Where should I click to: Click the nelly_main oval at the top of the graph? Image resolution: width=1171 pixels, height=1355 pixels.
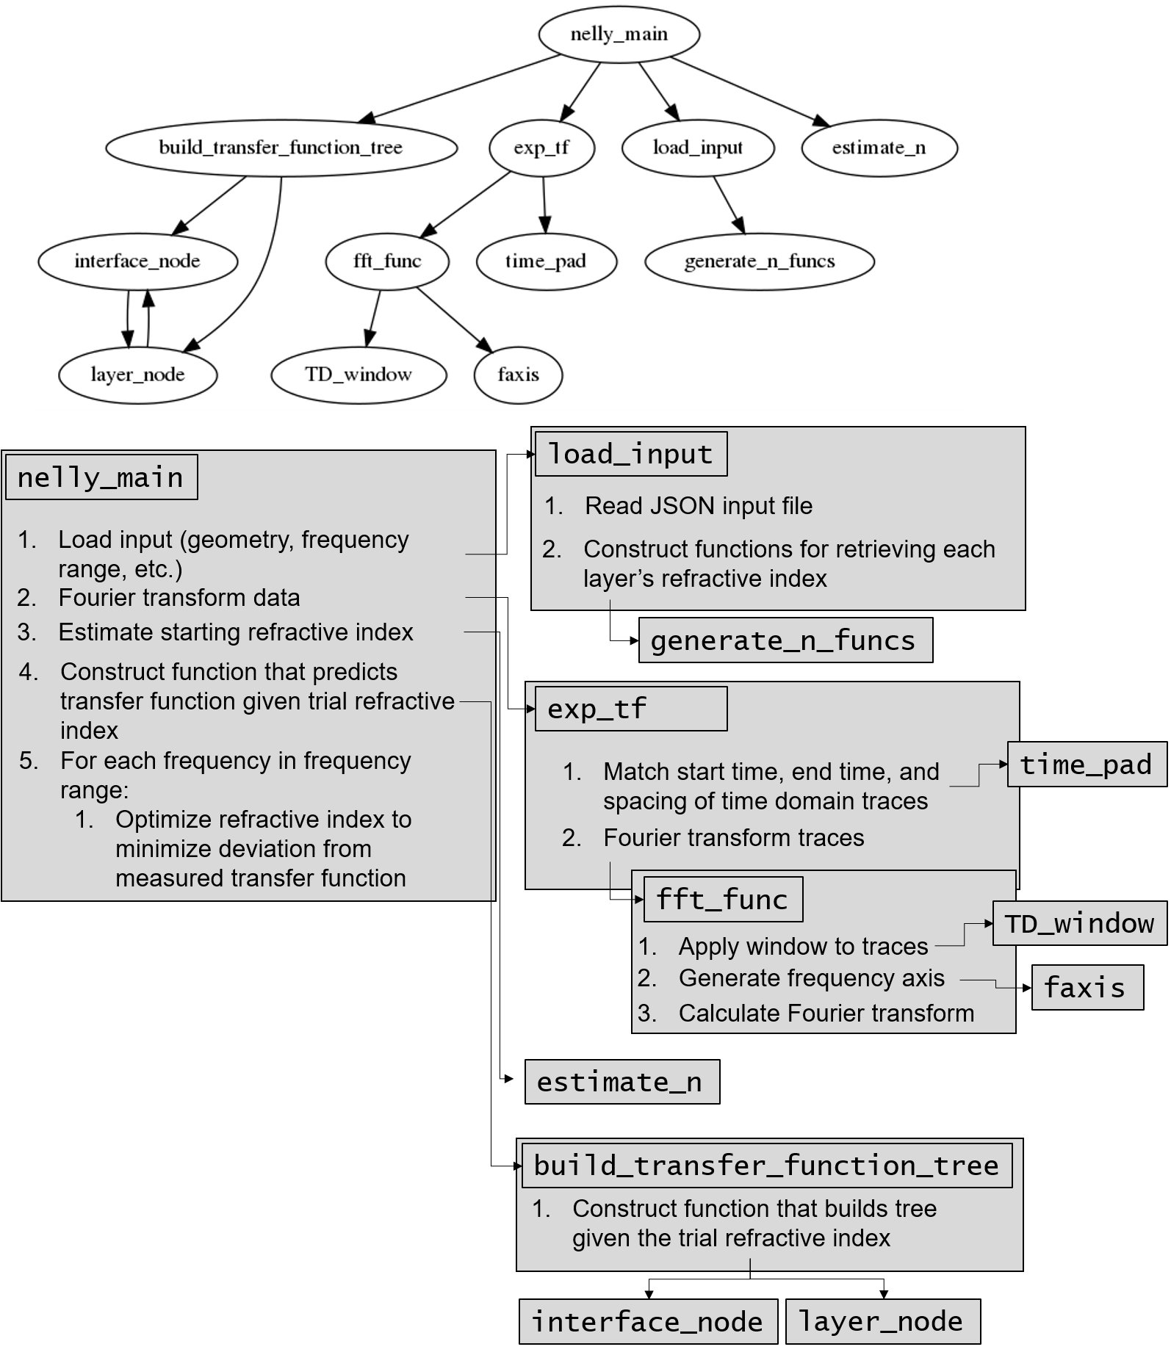click(x=619, y=34)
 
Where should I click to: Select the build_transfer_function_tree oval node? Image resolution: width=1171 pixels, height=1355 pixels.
click(x=281, y=148)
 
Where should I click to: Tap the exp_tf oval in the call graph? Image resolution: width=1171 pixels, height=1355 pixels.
click(x=541, y=148)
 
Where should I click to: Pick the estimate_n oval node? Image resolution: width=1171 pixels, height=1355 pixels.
click(x=879, y=148)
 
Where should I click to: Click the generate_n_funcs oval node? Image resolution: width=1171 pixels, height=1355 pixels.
click(x=760, y=261)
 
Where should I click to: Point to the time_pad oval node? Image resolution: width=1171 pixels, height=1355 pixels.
click(x=546, y=261)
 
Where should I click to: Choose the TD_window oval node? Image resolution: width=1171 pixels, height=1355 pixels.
click(x=358, y=375)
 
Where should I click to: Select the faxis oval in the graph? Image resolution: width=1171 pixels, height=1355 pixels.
click(x=518, y=375)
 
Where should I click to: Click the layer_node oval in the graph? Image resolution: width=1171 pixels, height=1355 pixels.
click(x=137, y=375)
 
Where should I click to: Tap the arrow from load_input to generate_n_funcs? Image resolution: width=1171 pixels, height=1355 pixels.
click(x=728, y=205)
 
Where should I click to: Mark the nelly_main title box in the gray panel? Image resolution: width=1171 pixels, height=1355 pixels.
click(x=101, y=477)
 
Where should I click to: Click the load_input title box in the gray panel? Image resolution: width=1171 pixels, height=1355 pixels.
click(x=631, y=454)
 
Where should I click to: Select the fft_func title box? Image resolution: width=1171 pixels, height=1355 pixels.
click(x=723, y=899)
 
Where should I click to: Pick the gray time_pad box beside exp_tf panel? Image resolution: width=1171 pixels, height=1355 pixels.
click(x=1086, y=765)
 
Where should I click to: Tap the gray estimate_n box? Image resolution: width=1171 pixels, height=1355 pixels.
click(x=621, y=1082)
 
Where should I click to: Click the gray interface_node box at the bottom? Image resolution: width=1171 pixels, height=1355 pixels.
click(x=647, y=1321)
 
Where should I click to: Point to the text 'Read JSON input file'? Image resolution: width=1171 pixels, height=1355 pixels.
click(x=699, y=506)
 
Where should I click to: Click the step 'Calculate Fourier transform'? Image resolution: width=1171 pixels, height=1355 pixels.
click(x=826, y=1013)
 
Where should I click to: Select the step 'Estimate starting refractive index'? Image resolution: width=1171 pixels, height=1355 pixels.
click(x=235, y=632)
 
